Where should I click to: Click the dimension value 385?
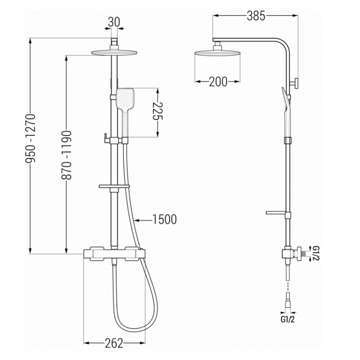[256, 16]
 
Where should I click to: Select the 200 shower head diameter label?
[218, 81]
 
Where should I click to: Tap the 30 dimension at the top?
[114, 22]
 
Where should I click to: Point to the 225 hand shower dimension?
[158, 111]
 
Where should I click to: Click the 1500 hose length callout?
[165, 219]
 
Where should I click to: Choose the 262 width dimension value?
[114, 343]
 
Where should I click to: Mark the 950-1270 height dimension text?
[31, 138]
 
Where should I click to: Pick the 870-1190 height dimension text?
[67, 155]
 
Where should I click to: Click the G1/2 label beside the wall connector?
[316, 253]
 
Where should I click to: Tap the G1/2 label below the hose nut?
[287, 319]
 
